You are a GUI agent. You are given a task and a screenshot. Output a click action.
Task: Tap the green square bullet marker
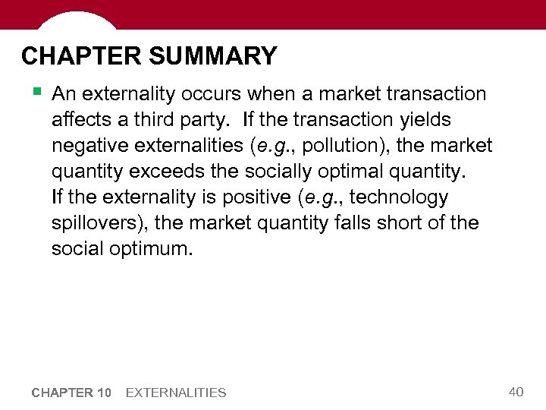coord(36,92)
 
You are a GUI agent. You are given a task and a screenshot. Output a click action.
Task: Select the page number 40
coord(516,391)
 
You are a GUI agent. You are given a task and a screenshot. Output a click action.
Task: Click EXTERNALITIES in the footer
coord(176,393)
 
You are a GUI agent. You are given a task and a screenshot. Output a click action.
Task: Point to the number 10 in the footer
coord(105,393)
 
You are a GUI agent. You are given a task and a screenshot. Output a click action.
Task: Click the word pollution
coord(333,146)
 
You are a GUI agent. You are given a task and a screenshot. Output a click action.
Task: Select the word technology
coord(400,197)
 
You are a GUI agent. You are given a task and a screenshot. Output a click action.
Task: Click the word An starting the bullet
coord(64,94)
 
